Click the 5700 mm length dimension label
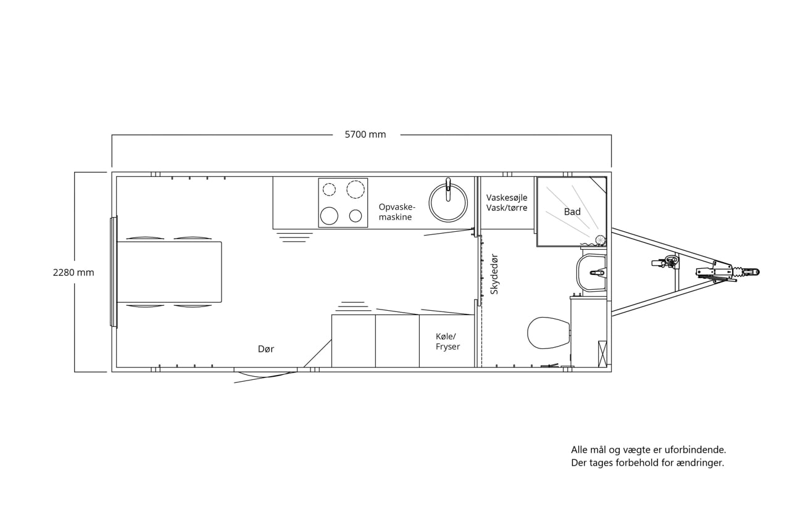[365, 134]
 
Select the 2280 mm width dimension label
[73, 273]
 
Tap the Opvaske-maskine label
[397, 212]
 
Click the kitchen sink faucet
[448, 189]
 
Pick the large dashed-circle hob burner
[355, 189]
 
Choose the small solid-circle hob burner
[355, 216]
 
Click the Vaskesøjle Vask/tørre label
[507, 203]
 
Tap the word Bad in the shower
[572, 212]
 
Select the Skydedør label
[494, 274]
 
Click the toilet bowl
[549, 332]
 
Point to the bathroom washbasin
[591, 273]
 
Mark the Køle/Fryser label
[447, 342]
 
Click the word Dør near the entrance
[266, 349]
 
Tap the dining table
[169, 271]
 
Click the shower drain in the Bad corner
[600, 240]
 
